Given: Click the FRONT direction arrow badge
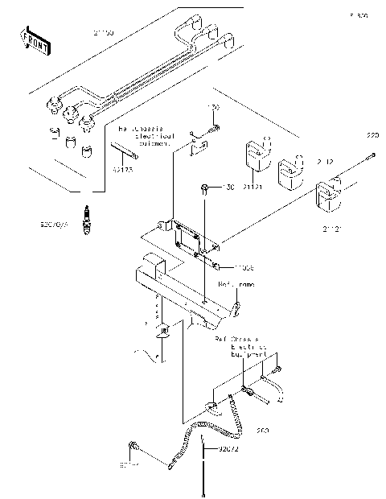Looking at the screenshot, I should pos(35,39).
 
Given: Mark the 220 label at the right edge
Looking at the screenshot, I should pos(372,134).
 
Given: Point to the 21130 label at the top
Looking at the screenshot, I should pos(103,33).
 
